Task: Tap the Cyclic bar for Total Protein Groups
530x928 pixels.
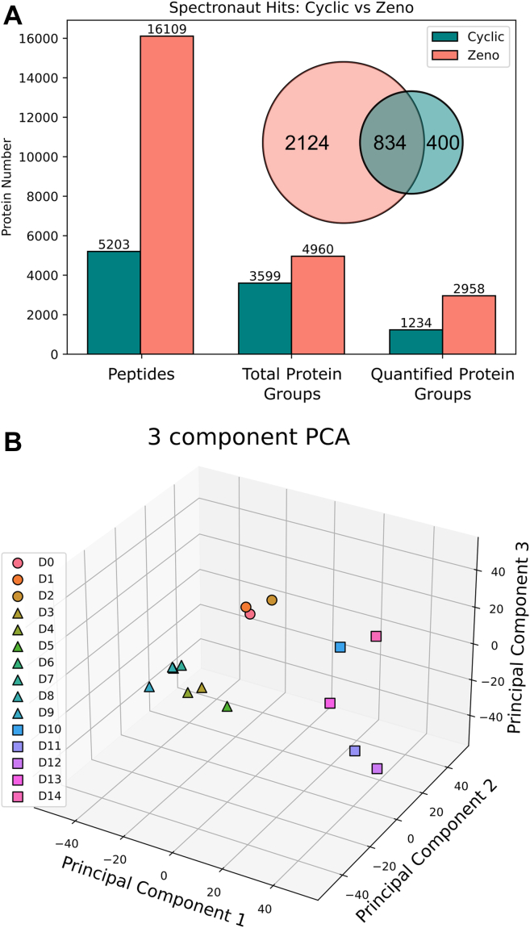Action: click(x=265, y=318)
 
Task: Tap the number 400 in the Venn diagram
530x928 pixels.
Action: click(x=442, y=144)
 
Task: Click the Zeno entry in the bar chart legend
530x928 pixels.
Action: click(x=472, y=56)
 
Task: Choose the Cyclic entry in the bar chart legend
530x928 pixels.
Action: click(x=472, y=37)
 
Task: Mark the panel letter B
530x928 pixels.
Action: click(x=13, y=441)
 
